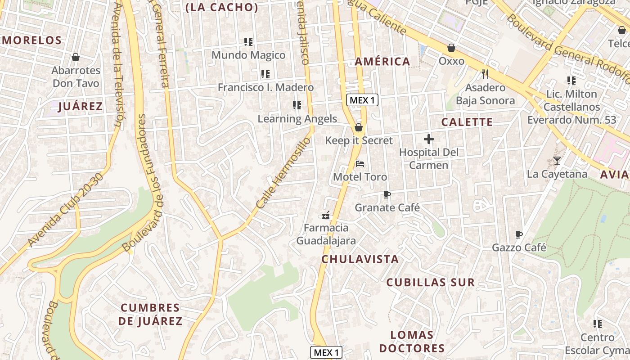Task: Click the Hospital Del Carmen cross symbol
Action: click(429, 139)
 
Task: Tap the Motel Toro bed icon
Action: click(360, 163)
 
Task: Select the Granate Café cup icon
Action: click(387, 194)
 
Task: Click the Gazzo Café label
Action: click(519, 247)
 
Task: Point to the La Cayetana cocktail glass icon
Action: click(557, 161)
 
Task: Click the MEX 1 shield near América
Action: click(362, 100)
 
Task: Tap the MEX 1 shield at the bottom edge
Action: click(326, 352)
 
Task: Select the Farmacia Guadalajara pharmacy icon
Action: click(326, 215)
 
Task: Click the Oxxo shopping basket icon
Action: click(451, 48)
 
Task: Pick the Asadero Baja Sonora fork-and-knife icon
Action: click(485, 74)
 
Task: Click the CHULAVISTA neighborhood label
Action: click(360, 259)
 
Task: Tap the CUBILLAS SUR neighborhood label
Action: click(431, 283)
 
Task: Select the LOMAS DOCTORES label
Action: click(412, 342)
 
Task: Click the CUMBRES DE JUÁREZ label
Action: click(151, 315)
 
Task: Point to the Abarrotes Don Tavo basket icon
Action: click(76, 57)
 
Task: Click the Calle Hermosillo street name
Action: click(283, 173)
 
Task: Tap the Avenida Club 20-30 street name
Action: click(66, 210)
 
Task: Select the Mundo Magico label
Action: click(248, 55)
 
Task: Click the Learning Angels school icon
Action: click(297, 105)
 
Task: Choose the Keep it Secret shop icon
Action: click(359, 128)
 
